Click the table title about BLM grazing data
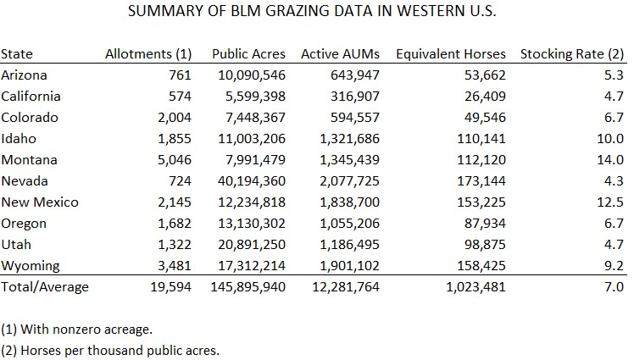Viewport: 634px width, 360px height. coord(312,14)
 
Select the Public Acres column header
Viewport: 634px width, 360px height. coord(248,54)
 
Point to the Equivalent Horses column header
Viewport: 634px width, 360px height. coord(450,54)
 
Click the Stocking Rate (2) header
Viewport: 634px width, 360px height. coord(572,54)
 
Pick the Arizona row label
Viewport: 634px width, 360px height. coord(25,75)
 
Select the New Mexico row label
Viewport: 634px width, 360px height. coord(40,202)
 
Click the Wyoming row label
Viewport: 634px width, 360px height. coord(31,266)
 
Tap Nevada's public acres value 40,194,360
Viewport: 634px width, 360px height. coord(248,181)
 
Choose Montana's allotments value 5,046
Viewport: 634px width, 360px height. coord(175,160)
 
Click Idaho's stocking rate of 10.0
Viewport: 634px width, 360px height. coord(612,139)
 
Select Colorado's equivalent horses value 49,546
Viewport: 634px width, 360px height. coord(480,118)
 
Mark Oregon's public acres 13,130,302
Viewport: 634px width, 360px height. coord(248,224)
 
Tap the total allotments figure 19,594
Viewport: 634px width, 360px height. coord(172,287)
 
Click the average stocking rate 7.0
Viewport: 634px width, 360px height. coord(615,287)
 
